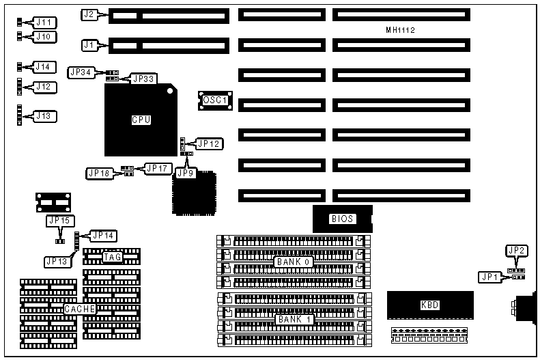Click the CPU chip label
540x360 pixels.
[x=141, y=120]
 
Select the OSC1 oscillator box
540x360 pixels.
[x=216, y=101]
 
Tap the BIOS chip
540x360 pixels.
[x=341, y=219]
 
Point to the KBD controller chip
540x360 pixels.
[x=429, y=305]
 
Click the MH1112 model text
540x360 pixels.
[x=400, y=30]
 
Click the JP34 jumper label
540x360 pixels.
[x=80, y=72]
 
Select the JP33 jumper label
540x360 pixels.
[x=144, y=79]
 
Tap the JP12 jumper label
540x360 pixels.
[x=208, y=144]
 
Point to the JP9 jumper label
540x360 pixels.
[x=185, y=173]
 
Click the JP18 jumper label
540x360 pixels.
[x=98, y=173]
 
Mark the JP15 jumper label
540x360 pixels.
[x=59, y=221]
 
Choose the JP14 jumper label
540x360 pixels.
[x=103, y=236]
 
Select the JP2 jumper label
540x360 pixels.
[x=517, y=251]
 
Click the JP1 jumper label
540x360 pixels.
[x=489, y=277]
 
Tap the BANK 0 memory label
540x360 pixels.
[x=293, y=262]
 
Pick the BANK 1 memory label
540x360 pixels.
[x=293, y=319]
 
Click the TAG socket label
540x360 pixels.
[x=113, y=258]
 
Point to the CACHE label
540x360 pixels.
[x=79, y=309]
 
